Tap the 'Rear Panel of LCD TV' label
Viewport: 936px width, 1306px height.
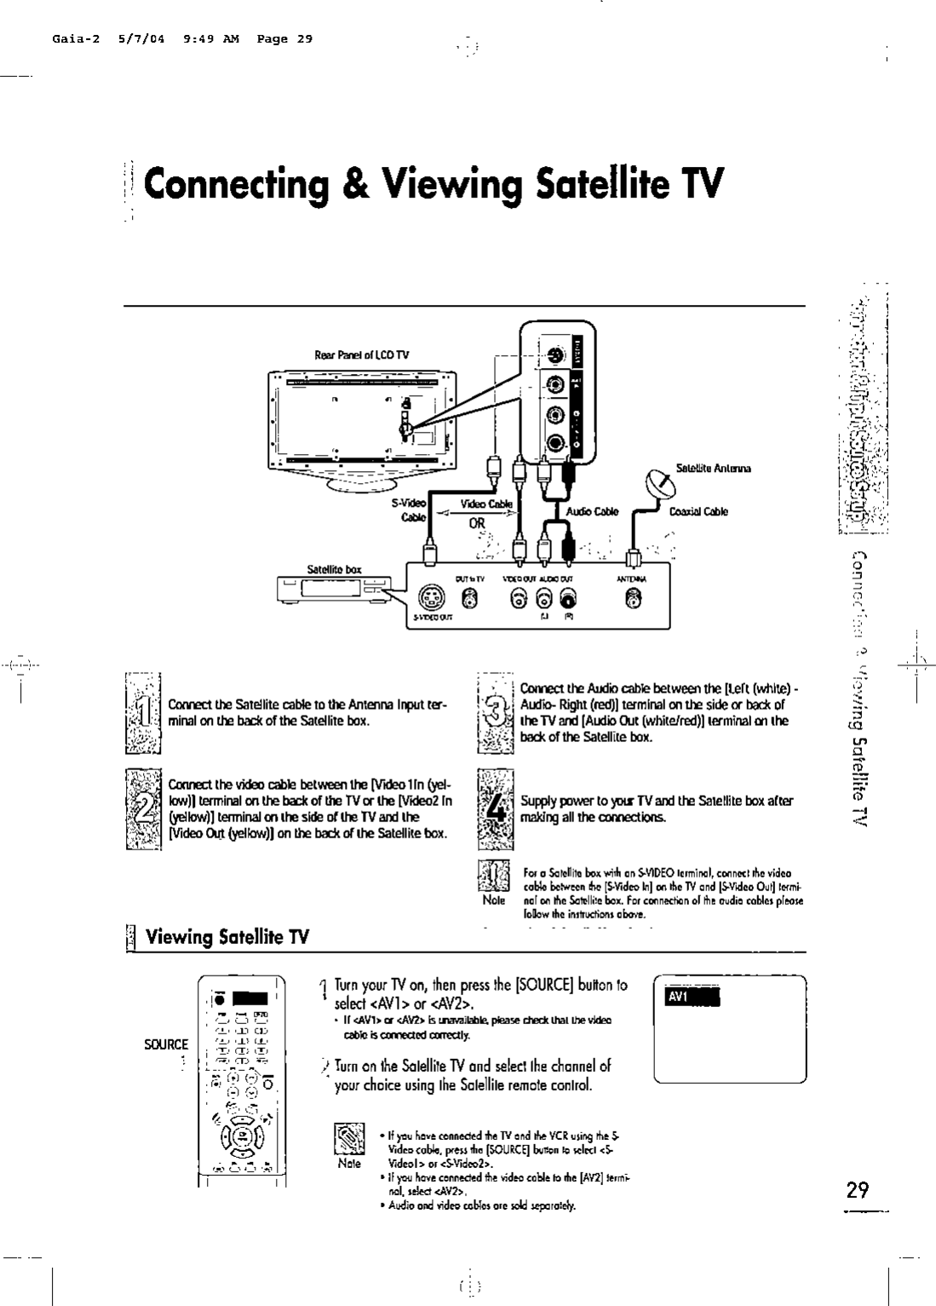pyautogui.click(x=362, y=354)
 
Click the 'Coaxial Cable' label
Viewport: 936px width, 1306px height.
pyautogui.click(x=698, y=512)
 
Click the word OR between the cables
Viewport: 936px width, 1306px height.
pyautogui.click(x=475, y=523)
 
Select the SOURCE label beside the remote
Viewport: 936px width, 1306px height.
pyautogui.click(x=166, y=1044)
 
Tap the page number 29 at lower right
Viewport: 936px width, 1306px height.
pyautogui.click(x=858, y=1189)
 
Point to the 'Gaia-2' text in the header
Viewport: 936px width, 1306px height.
pyautogui.click(x=71, y=38)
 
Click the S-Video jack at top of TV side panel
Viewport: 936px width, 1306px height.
pyautogui.click(x=555, y=356)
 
